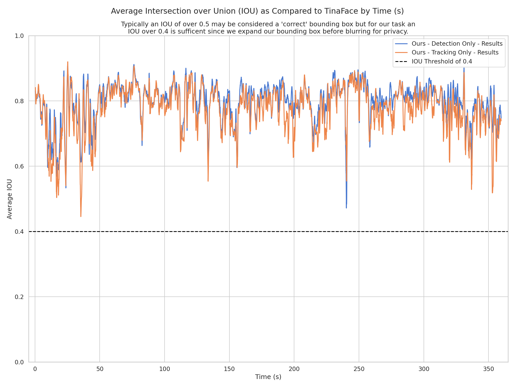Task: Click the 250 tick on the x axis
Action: (x=359, y=369)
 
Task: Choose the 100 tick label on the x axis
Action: (x=165, y=369)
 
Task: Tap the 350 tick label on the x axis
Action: (x=488, y=369)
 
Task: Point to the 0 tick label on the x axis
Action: (x=35, y=369)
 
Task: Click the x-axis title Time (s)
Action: (x=268, y=377)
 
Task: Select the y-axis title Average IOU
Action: (x=10, y=199)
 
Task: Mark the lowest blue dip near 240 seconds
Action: (x=346, y=208)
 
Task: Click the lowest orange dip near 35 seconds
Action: (x=81, y=216)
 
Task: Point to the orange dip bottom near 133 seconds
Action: (x=208, y=181)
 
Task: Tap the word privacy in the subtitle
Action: (x=397, y=31)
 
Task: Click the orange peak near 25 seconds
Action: (x=68, y=62)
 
